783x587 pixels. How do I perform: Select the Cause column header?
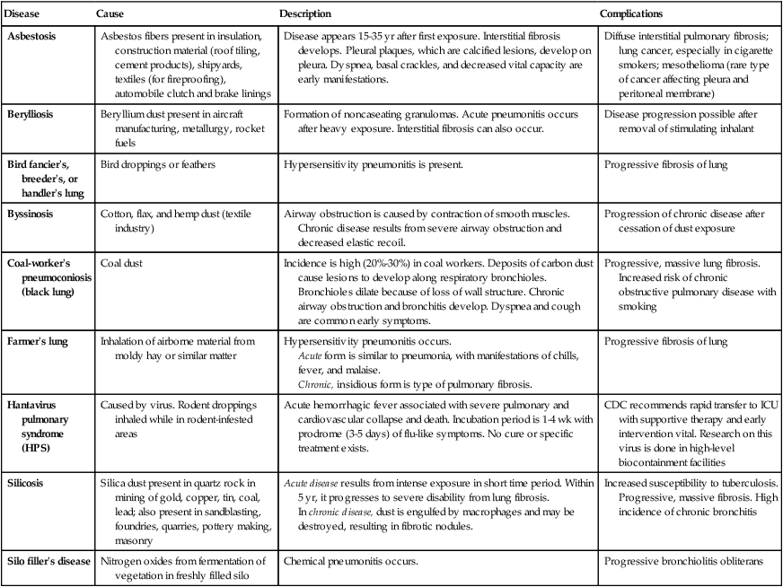[111, 14]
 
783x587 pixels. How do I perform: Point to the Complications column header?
[632, 14]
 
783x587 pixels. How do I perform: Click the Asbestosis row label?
[34, 35]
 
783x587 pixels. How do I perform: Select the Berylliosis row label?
[33, 115]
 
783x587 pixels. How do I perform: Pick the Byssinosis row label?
[32, 216]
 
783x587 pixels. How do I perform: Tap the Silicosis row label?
[28, 482]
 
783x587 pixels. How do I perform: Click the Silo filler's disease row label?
[48, 561]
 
